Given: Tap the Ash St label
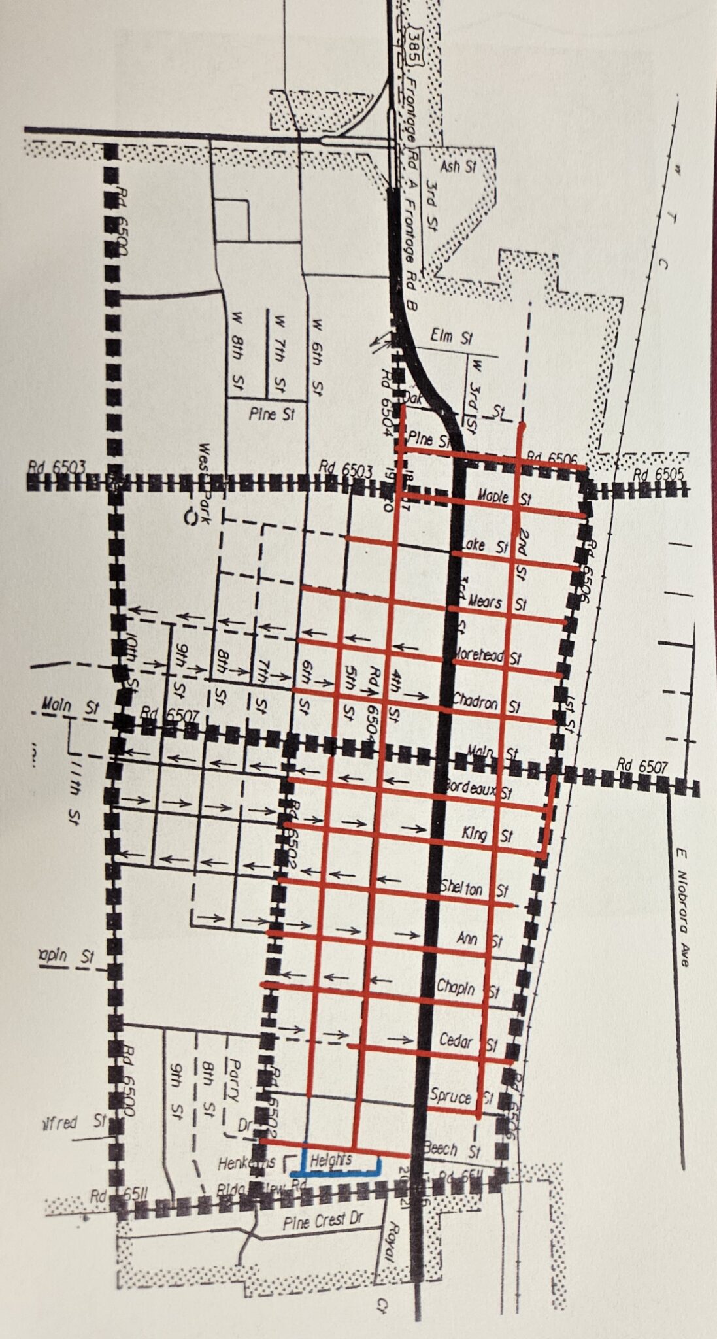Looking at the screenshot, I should (458, 167).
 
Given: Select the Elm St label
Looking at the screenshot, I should (452, 338).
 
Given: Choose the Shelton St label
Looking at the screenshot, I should (475, 889).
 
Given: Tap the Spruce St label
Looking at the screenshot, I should (461, 1096).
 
